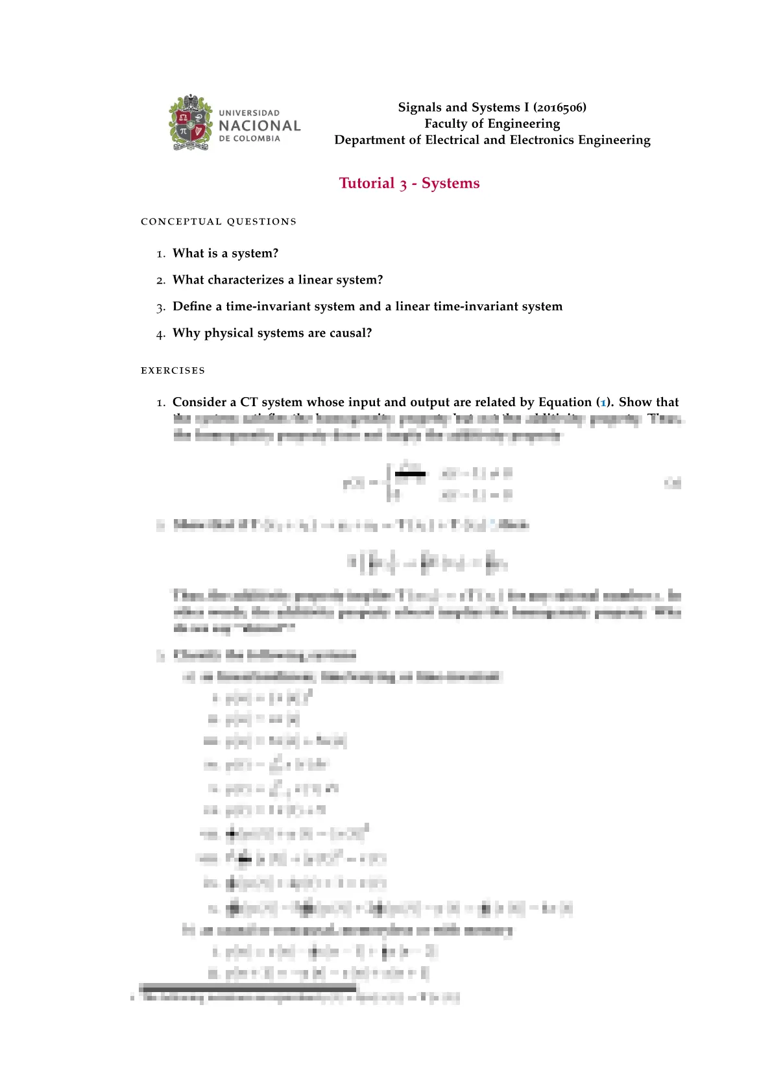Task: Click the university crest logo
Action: (x=191, y=123)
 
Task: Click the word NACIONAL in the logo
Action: (x=259, y=126)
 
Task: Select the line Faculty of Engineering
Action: (x=492, y=123)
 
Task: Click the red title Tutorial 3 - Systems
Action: (x=409, y=183)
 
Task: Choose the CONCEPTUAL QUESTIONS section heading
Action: (x=219, y=222)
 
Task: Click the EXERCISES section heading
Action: (x=173, y=370)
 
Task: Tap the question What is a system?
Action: (x=225, y=253)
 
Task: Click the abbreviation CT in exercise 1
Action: (x=249, y=402)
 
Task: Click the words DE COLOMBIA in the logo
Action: (x=250, y=138)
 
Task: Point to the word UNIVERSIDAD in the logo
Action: (x=249, y=113)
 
